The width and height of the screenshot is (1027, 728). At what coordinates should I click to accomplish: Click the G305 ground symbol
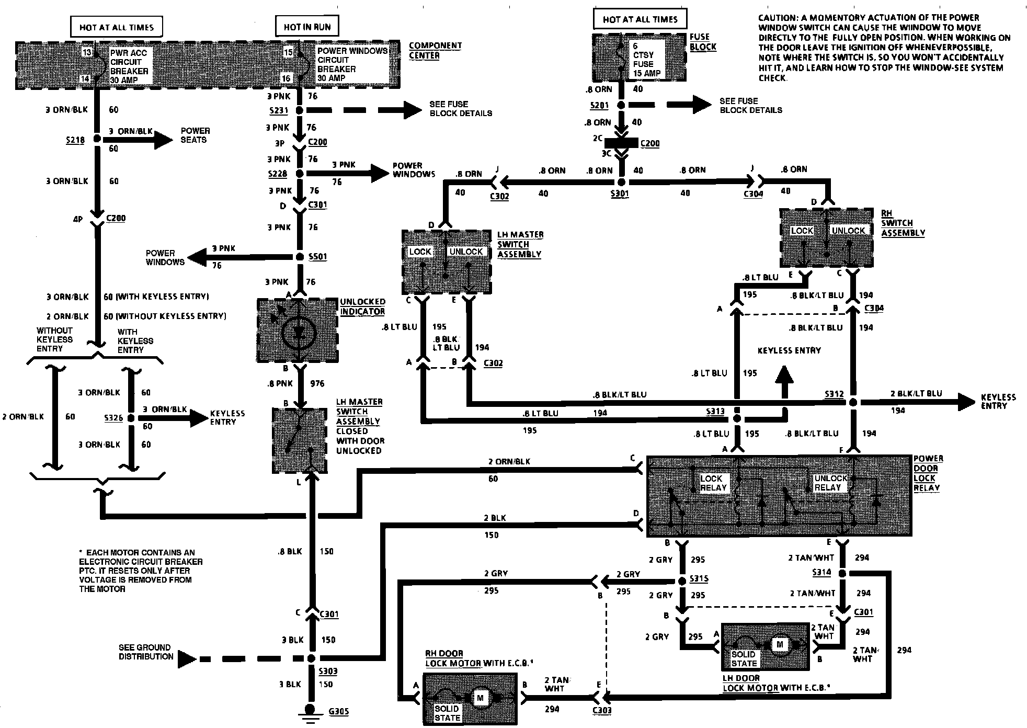coord(311,710)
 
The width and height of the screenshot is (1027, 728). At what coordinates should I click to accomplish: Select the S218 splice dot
coord(97,140)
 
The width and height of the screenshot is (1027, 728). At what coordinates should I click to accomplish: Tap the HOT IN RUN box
coord(307,27)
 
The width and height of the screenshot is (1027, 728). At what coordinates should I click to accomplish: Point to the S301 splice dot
coord(622,182)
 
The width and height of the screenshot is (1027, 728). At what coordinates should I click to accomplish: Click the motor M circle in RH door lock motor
coord(480,697)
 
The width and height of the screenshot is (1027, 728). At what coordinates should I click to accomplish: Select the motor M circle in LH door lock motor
coord(780,644)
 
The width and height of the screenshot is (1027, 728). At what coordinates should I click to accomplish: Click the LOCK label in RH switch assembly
coord(802,231)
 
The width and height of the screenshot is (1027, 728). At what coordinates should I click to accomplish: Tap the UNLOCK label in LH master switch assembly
coord(466,252)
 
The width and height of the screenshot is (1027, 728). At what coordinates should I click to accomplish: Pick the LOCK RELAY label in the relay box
coord(713,483)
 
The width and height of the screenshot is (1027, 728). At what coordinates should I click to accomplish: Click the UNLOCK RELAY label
coord(830,483)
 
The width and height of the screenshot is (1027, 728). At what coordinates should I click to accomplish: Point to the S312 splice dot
coord(853,402)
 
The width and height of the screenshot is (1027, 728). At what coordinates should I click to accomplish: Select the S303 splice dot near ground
coord(311,658)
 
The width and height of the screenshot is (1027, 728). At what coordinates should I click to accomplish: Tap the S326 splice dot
coord(131,418)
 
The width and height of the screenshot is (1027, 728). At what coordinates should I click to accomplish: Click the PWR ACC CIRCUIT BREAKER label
coord(129,66)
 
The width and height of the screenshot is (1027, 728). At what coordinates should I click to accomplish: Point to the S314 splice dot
coord(842,573)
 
